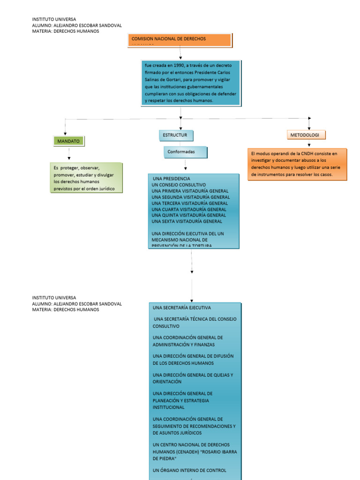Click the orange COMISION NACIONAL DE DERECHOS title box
[x=180, y=40]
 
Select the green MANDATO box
[x=68, y=141]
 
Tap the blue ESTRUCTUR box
[x=175, y=135]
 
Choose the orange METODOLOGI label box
[x=306, y=135]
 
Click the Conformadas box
[x=185, y=152]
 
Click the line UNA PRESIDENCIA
[x=172, y=179]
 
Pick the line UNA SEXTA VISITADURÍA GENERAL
[x=187, y=221]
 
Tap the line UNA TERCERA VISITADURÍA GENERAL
[x=190, y=203]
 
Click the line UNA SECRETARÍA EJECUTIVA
[x=182, y=308]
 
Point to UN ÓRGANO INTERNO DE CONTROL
[x=189, y=470]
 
